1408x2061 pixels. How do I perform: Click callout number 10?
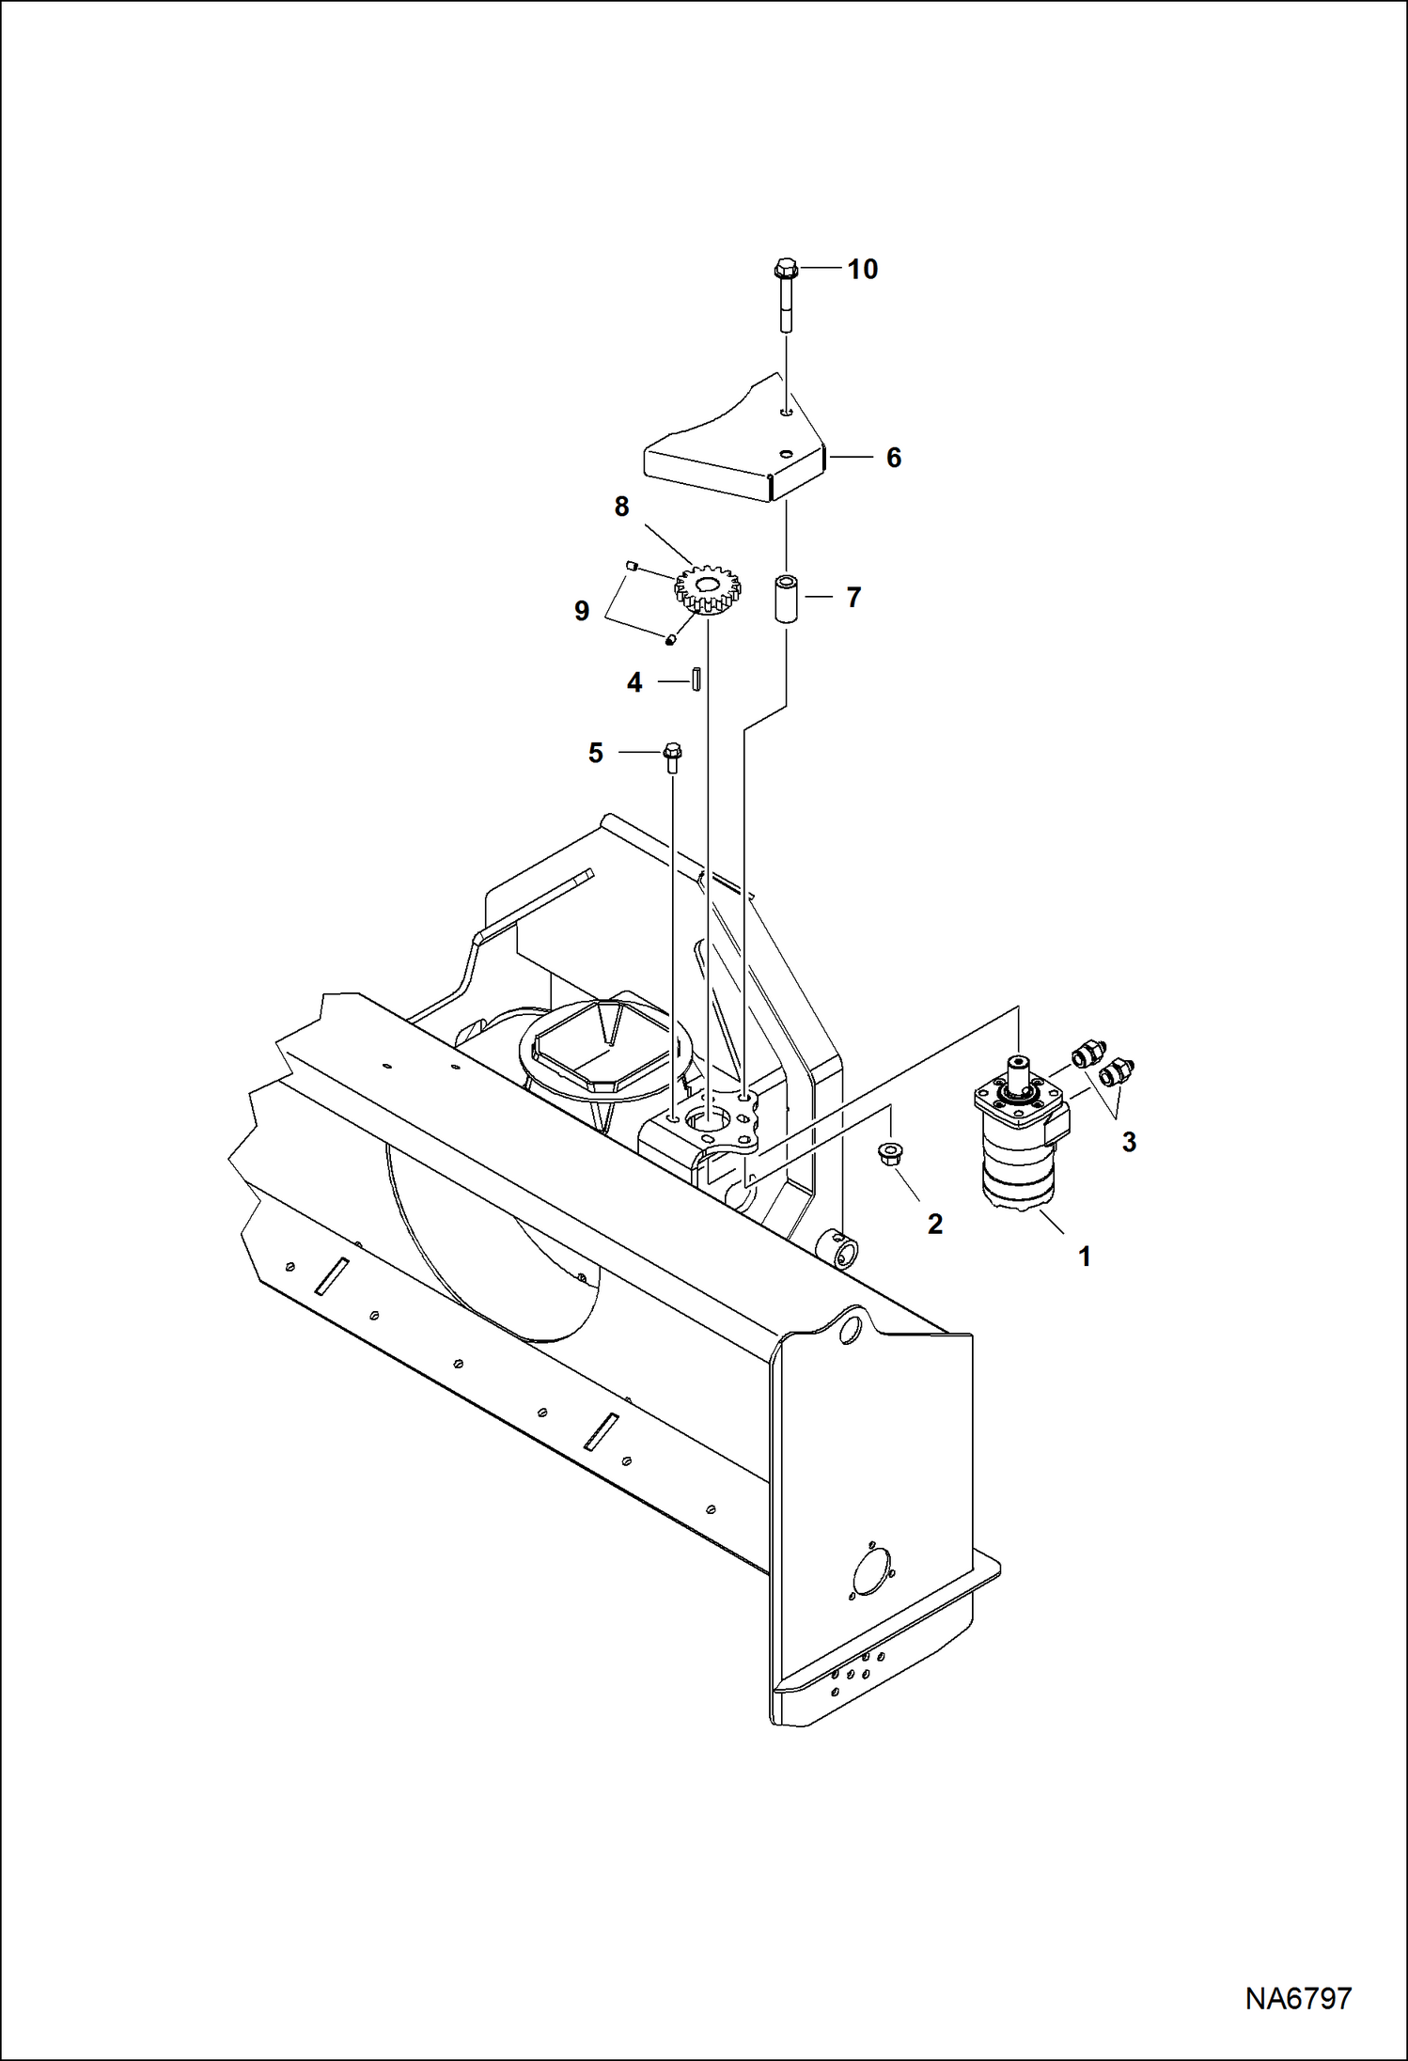click(x=862, y=270)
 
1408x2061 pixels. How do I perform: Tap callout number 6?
click(x=893, y=458)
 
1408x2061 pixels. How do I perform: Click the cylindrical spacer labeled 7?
click(x=786, y=598)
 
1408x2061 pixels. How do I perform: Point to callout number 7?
click(x=853, y=598)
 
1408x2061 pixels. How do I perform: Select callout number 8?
click(x=621, y=507)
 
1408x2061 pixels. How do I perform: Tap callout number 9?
click(x=582, y=612)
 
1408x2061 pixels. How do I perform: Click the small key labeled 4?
click(x=697, y=679)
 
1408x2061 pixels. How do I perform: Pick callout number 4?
click(x=634, y=683)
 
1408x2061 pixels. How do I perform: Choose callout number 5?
click(x=595, y=753)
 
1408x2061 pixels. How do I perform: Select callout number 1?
click(x=1084, y=1257)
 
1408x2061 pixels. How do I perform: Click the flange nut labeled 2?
click(x=889, y=1154)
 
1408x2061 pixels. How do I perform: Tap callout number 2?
click(x=934, y=1224)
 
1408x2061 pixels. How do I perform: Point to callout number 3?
click(x=1129, y=1142)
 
